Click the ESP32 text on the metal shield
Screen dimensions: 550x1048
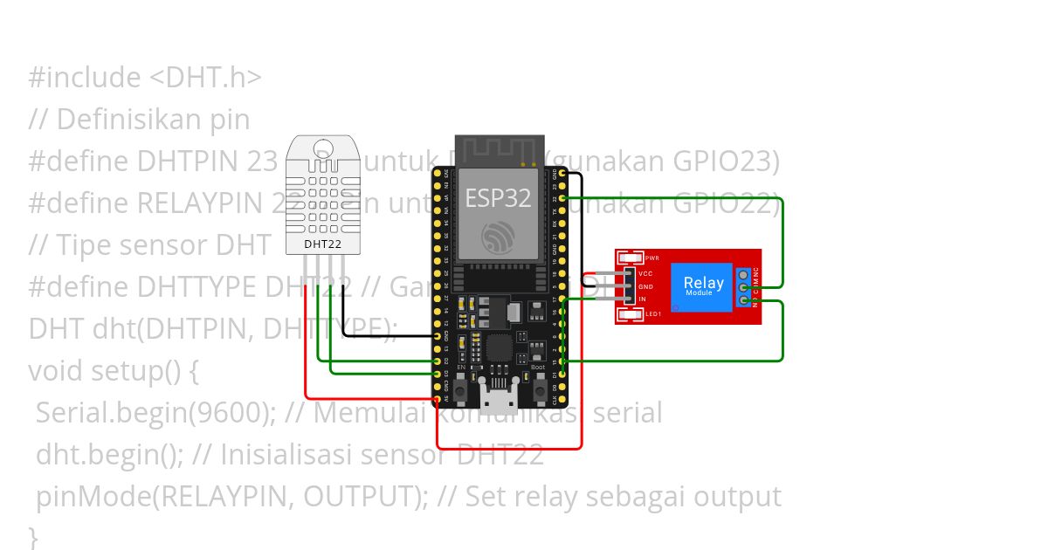tap(497, 198)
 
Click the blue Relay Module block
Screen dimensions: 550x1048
tap(703, 285)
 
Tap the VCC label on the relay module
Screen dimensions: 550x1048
tap(646, 273)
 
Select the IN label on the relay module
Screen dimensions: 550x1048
tap(643, 299)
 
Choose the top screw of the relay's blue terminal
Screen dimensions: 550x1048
tap(743, 273)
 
